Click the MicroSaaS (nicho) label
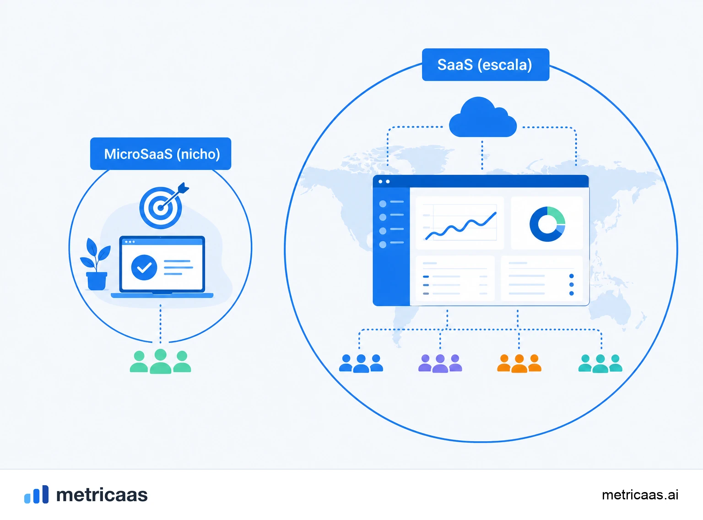tap(161, 154)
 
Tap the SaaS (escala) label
tap(486, 65)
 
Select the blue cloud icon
tap(483, 117)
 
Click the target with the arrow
tap(163, 206)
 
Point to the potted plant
tap(95, 264)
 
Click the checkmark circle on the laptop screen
tap(144, 267)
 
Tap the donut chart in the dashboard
tap(547, 224)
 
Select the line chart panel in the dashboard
tap(460, 222)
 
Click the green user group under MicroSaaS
tap(160, 361)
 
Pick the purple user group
tap(440, 363)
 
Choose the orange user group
tap(519, 363)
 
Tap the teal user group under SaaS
tap(600, 363)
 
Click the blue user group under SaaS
tap(361, 363)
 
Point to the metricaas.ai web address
tap(640, 495)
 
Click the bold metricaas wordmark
tap(102, 495)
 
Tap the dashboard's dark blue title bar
tap(481, 181)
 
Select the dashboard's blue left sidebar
tap(391, 246)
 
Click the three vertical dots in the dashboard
tap(572, 285)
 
